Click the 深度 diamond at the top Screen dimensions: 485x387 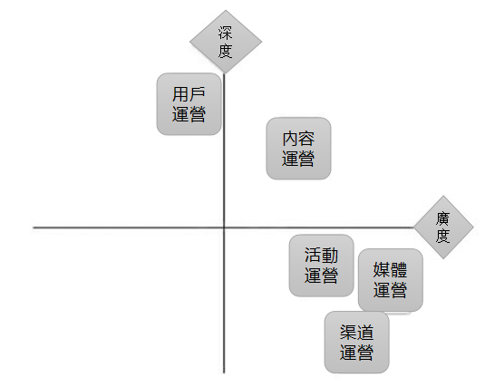click(x=226, y=42)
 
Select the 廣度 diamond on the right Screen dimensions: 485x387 click(x=443, y=227)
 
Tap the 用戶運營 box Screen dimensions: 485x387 click(x=189, y=104)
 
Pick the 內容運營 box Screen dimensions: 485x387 click(x=298, y=149)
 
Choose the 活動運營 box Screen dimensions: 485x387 click(x=322, y=266)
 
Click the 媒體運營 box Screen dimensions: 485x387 click(x=391, y=280)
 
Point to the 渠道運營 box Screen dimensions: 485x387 click(x=356, y=343)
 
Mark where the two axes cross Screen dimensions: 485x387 click(x=224, y=227)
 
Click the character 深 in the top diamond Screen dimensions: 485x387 click(x=226, y=33)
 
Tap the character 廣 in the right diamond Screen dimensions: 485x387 click(x=443, y=218)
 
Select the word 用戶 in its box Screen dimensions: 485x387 click(x=189, y=94)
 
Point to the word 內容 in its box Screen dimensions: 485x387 click(x=298, y=139)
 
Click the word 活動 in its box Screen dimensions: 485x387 click(x=322, y=256)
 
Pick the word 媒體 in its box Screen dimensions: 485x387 click(x=390, y=269)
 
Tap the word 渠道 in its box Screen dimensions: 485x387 click(x=356, y=333)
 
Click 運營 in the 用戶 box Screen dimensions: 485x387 click(x=189, y=114)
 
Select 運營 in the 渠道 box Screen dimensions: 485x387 click(x=356, y=353)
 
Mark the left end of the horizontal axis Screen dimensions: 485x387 click(x=34, y=227)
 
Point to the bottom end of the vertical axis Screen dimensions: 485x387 click(x=224, y=373)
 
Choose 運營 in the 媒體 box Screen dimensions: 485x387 click(x=390, y=290)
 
